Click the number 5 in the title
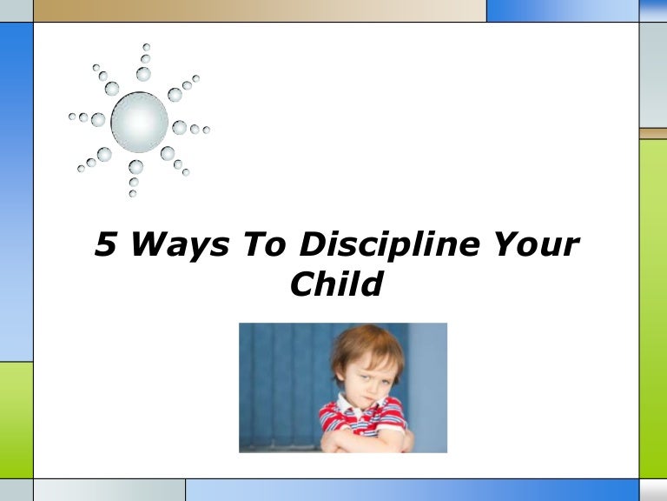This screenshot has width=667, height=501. point(105,245)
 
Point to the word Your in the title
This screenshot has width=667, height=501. point(529,245)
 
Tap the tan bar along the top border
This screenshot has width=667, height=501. point(261,10)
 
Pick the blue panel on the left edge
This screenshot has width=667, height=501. point(16,191)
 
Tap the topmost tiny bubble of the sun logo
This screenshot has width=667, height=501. point(146,47)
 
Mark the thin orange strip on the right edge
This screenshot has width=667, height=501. point(653,134)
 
